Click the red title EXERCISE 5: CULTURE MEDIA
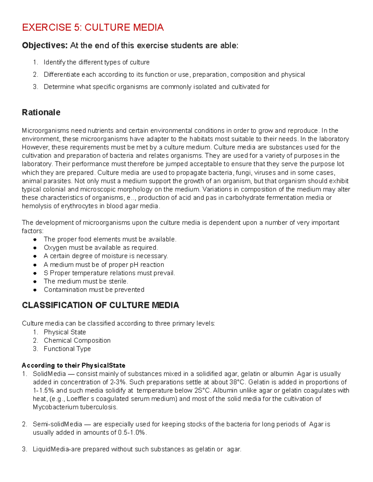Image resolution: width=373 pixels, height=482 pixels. point(93,27)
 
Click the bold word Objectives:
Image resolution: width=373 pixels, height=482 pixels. point(44,46)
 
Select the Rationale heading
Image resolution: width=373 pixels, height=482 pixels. point(41,112)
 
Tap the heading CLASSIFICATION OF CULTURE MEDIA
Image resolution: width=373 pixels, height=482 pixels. point(100,305)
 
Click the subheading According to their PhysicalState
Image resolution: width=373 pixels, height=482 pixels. point(73,365)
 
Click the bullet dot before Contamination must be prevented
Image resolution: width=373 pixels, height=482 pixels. point(35,290)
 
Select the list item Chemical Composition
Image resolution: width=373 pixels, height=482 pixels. point(77,340)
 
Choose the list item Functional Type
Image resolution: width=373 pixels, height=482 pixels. point(67,349)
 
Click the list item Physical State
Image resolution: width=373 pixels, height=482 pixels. point(65,332)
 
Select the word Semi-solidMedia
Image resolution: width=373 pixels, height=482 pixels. point(58,424)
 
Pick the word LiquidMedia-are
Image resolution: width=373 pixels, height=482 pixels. point(57,449)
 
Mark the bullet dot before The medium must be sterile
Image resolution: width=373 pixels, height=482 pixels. point(35,282)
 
